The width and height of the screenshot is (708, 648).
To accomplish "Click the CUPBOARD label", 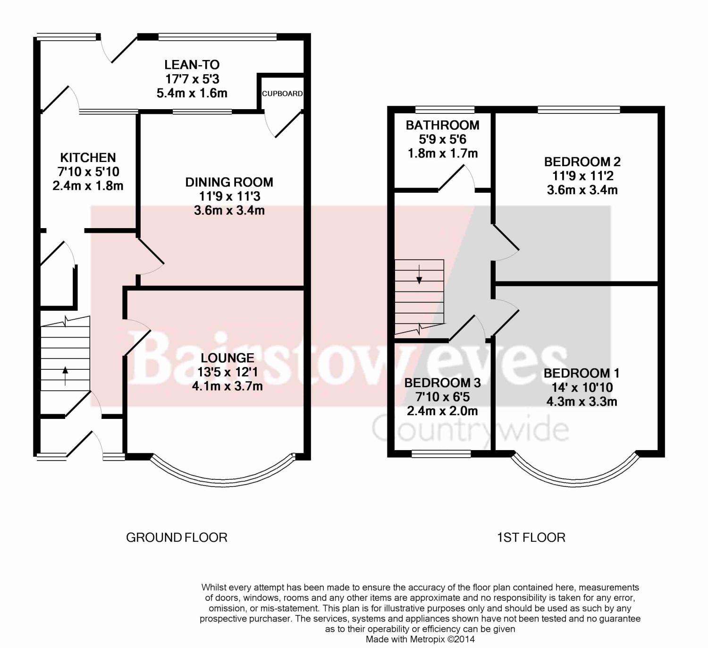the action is point(282,94).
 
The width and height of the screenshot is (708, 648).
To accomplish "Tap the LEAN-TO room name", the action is point(192,65).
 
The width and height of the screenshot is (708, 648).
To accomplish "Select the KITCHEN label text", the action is point(88,158).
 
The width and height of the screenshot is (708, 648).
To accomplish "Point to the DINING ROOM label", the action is point(229,182).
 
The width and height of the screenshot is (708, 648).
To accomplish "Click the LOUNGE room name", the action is point(228,358).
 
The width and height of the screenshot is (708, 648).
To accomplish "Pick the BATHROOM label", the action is point(443,125).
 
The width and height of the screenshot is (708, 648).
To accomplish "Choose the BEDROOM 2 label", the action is point(582,162).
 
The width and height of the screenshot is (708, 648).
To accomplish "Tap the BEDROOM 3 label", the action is point(443,383).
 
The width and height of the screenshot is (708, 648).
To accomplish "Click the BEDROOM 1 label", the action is point(582,374).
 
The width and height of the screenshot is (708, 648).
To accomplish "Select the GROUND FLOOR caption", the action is point(177,537).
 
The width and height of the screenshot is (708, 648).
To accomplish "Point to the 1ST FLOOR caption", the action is point(531,537).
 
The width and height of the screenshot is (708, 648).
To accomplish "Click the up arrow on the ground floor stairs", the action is point(65,376).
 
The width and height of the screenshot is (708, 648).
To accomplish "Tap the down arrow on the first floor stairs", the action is point(419,274).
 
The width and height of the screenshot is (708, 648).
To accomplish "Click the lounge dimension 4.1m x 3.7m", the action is point(228,386).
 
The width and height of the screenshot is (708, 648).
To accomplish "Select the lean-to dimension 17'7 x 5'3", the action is point(193,79).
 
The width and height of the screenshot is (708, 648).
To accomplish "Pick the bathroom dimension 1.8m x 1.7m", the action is point(443,153).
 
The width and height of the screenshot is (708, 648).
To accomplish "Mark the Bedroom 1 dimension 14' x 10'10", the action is point(582,388).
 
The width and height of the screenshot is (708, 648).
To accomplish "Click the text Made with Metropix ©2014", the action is point(420,639).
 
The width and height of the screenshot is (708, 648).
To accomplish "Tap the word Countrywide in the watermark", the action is point(471,429).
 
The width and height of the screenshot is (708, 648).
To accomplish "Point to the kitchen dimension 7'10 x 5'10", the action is point(88,172).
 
